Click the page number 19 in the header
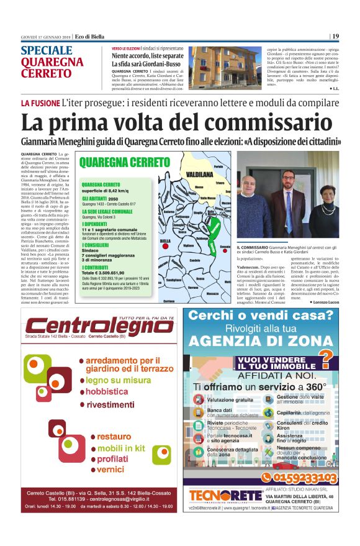[335, 36]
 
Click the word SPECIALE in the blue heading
[47, 51]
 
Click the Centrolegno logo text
[91, 327]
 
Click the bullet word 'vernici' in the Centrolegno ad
[111, 469]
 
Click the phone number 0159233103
[300, 477]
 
